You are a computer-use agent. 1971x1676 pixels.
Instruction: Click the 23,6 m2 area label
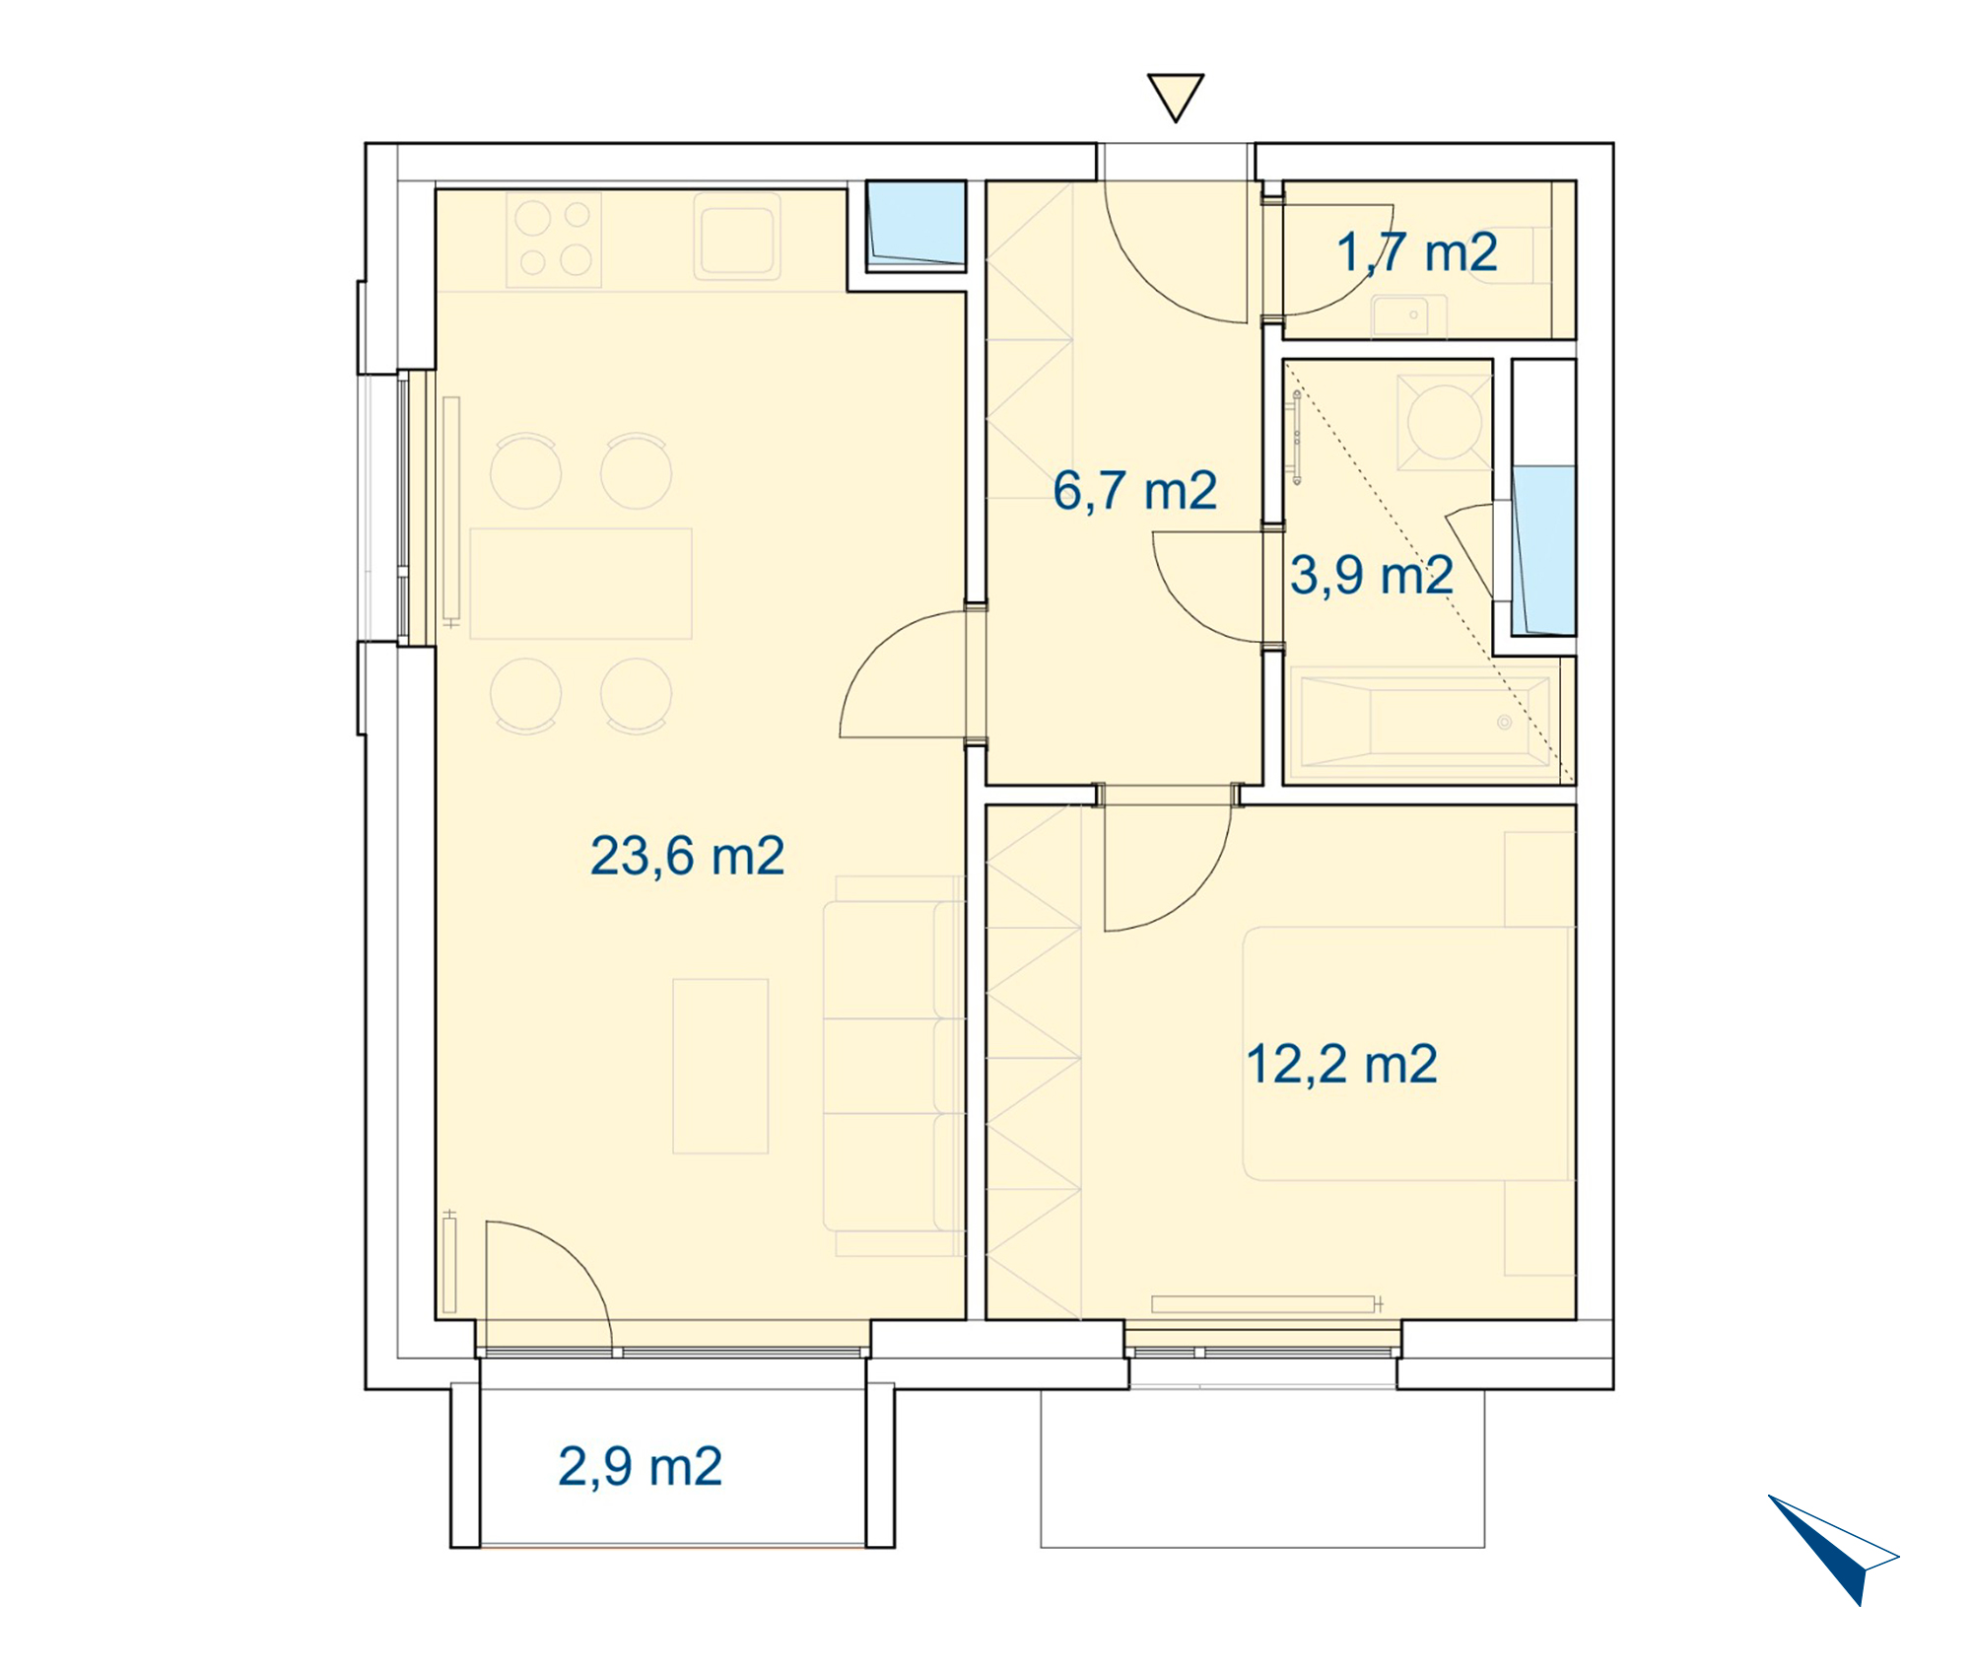pos(687,856)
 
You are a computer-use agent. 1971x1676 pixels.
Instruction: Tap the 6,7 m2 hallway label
pos(1134,491)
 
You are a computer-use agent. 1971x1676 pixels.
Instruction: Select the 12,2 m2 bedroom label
pos(1341,1065)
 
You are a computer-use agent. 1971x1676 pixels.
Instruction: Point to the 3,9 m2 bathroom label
pos(1372,575)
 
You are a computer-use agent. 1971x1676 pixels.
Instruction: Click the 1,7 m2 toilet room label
pos(1417,252)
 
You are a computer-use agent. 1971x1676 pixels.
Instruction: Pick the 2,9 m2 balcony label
pos(640,1466)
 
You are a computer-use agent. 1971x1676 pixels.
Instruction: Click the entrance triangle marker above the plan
pos(1176,97)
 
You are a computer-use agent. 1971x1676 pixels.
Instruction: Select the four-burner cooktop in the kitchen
pos(554,240)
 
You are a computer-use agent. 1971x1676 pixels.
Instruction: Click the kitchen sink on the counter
pos(737,237)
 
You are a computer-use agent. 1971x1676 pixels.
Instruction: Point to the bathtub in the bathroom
pos(1425,721)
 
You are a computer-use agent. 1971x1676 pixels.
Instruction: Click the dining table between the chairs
pos(581,584)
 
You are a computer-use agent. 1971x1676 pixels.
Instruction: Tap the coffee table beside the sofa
pos(720,1066)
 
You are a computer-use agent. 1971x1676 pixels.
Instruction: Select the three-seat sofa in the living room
pos(893,1066)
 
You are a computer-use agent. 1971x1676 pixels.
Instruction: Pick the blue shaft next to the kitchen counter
pos(916,226)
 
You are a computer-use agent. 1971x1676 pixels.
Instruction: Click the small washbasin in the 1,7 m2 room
pos(1409,315)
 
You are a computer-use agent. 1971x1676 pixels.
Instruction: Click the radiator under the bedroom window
pos(1265,1304)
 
